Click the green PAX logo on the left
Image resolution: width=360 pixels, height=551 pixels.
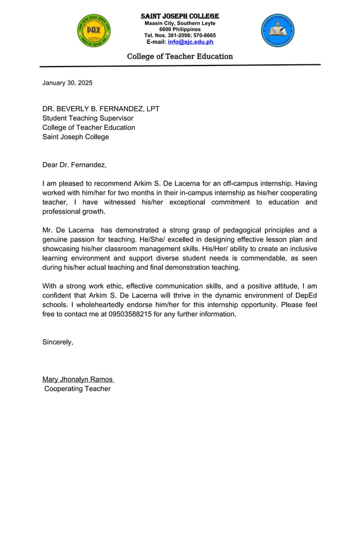[94, 30]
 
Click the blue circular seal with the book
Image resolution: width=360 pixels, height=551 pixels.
[278, 30]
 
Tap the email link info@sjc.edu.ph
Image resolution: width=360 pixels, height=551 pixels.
[190, 42]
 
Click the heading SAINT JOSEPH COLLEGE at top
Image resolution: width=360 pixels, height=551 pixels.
[179, 16]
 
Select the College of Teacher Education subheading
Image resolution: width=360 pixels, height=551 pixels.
[179, 56]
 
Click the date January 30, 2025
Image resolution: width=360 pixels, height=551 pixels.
[67, 83]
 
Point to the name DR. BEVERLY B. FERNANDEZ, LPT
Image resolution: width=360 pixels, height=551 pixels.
[101, 109]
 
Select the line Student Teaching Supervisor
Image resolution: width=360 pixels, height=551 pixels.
[87, 118]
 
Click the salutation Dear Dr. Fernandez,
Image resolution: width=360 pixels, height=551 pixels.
[74, 165]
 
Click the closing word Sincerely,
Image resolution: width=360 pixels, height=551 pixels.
[58, 342]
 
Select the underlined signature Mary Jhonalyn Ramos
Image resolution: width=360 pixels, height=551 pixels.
[78, 379]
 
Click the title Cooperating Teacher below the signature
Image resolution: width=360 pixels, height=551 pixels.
[77, 388]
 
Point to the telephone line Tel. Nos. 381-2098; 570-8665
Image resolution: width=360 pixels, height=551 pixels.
[179, 36]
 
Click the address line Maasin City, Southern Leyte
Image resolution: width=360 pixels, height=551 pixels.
[179, 23]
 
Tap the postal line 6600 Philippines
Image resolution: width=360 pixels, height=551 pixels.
[179, 29]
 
